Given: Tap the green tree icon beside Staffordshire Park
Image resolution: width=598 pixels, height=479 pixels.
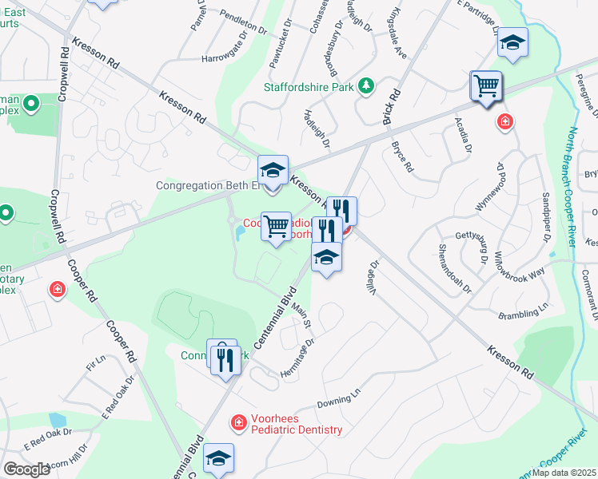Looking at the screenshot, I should [366, 85].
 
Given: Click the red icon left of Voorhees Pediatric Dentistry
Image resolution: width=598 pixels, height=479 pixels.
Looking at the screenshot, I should [237, 422].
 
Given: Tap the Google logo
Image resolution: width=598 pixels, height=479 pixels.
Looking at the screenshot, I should [27, 469].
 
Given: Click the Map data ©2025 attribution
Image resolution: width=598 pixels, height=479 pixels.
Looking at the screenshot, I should [564, 473].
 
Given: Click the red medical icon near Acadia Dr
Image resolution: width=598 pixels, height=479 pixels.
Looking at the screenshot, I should [504, 121].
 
